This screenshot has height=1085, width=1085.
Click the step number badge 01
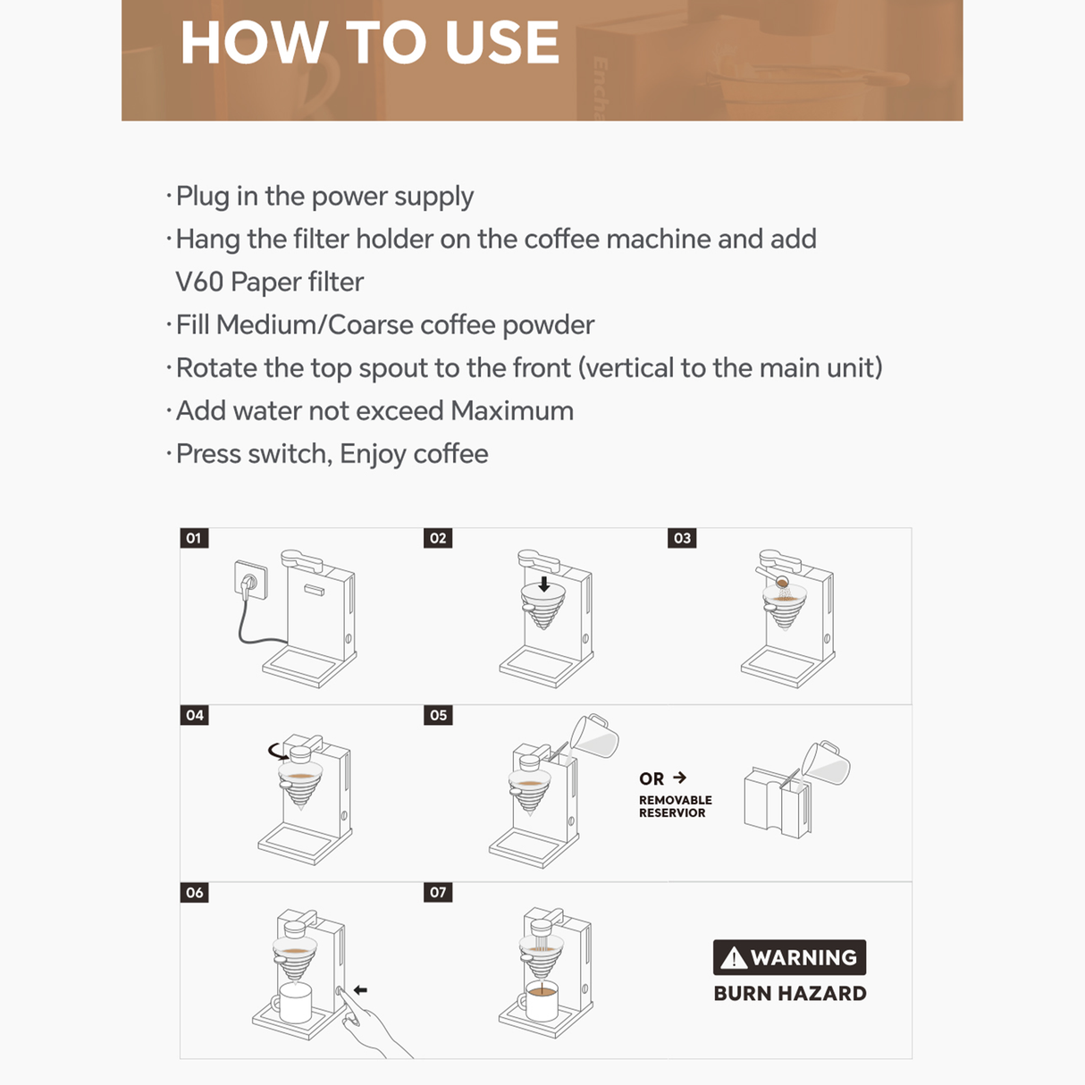point(194,538)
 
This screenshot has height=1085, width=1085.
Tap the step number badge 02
point(438,538)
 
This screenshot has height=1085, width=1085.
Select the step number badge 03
point(682,538)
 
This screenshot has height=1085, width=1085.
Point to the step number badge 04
point(194,715)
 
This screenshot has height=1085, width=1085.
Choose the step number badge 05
point(438,715)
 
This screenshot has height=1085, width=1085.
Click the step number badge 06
point(194,892)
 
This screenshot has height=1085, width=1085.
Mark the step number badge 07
point(438,892)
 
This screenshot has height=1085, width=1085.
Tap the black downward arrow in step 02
point(543,585)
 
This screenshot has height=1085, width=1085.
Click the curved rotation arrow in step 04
point(278,751)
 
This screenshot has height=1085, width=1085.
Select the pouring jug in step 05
point(593,736)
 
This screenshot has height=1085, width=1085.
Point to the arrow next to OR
point(680,778)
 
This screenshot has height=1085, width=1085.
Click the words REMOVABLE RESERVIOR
point(675,806)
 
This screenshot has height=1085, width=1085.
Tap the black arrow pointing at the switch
point(360,989)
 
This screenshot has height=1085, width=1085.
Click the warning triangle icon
point(733,958)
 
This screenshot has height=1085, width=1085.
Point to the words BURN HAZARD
point(789,993)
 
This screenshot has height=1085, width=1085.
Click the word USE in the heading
point(501,42)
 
